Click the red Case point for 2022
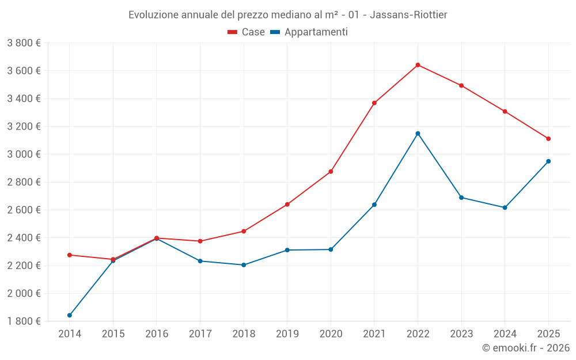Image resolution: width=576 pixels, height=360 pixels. (x=418, y=65)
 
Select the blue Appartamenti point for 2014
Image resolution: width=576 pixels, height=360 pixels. (x=70, y=315)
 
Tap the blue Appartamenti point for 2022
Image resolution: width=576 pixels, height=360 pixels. (x=418, y=134)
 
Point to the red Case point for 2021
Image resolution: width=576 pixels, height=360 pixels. (x=374, y=103)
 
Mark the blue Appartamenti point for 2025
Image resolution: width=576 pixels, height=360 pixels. (x=548, y=161)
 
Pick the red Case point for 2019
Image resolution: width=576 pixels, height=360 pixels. (x=287, y=204)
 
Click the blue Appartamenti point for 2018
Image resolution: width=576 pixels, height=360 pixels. (x=244, y=265)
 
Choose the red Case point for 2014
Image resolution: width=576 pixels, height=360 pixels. (x=70, y=255)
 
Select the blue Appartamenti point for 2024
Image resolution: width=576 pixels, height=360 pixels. (x=505, y=207)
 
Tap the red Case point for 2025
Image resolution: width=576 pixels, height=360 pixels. (x=548, y=139)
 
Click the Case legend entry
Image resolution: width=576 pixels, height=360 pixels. (x=247, y=32)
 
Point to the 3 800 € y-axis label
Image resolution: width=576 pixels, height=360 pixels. (x=24, y=43)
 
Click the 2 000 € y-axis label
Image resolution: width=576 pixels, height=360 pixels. (x=24, y=293)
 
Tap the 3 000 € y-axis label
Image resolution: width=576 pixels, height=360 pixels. (x=24, y=154)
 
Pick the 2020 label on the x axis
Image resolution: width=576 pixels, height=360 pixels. (x=331, y=334)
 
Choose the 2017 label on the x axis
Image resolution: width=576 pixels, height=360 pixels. (x=200, y=334)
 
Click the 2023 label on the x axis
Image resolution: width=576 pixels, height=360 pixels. (x=461, y=334)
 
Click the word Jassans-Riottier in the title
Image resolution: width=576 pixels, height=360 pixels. (x=408, y=14)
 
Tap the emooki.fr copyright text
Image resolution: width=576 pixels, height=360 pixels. (x=526, y=348)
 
